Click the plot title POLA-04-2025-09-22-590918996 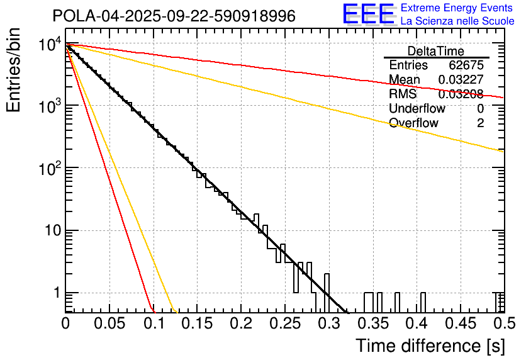(174, 16)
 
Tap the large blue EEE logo (368, 14)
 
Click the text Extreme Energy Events (457, 8)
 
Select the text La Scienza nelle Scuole (457, 21)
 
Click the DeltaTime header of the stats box (436, 51)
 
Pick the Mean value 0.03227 (461, 80)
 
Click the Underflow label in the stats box (417, 109)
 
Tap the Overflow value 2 (480, 123)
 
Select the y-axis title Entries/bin (14, 70)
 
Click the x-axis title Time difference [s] (430, 346)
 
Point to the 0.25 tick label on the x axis (284, 323)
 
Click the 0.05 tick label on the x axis (109, 323)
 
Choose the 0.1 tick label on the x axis (154, 323)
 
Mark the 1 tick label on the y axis (55, 293)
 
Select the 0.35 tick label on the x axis (372, 323)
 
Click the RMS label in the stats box (403, 94)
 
